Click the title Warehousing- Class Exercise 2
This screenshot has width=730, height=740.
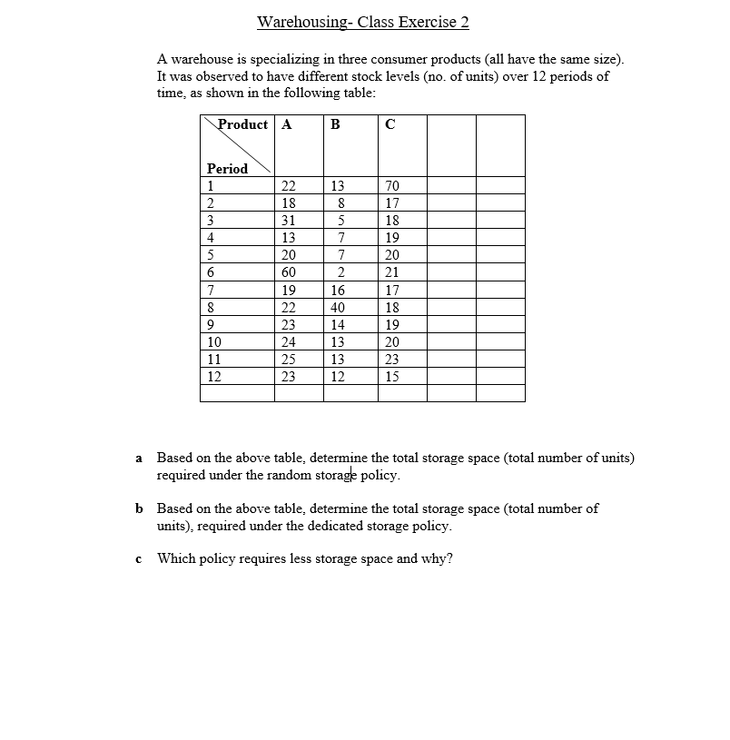[363, 22]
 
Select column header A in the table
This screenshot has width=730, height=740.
[287, 125]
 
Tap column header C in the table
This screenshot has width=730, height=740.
[390, 125]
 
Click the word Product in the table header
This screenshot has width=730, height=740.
[243, 124]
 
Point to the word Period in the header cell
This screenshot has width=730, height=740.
[227, 169]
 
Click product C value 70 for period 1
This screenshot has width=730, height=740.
[392, 186]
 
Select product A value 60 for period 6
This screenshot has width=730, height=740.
[289, 272]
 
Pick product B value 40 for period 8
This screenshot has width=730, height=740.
[338, 308]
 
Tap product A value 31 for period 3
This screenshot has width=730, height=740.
[289, 221]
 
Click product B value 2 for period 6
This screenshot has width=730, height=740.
[338, 272]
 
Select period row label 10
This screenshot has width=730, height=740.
[214, 342]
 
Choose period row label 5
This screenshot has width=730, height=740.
[211, 255]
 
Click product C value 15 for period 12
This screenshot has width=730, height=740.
[392, 377]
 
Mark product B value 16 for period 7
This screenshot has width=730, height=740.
[338, 291]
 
